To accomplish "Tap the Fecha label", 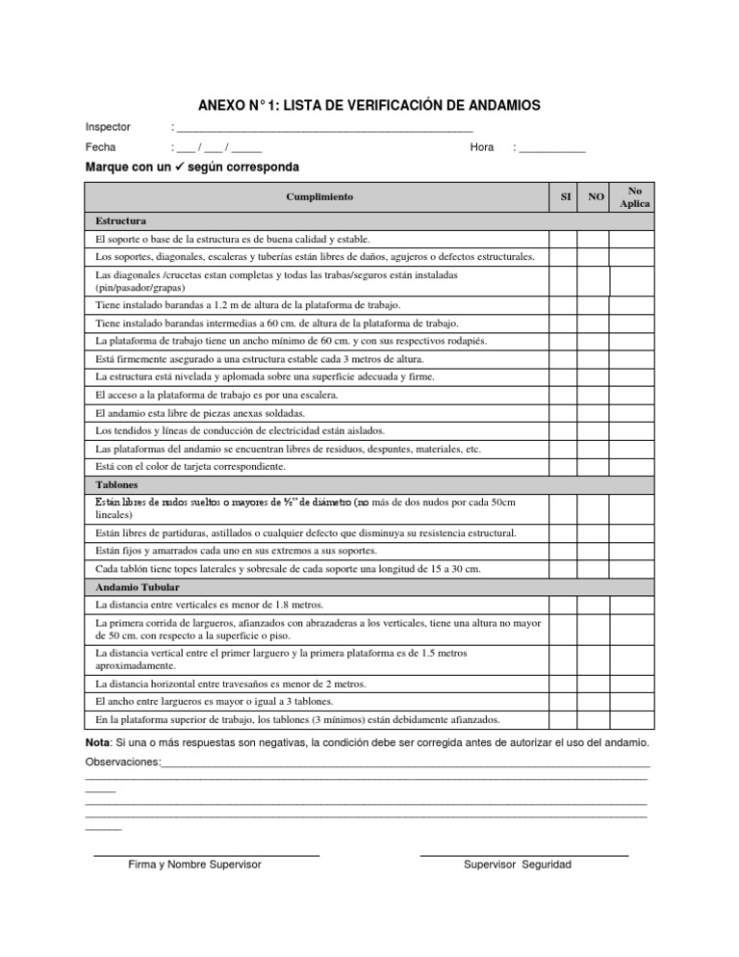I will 100,147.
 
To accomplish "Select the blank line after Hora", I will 551,148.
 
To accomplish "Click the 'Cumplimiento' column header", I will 319,196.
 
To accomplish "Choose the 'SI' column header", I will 565,196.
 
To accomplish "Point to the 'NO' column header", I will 596,196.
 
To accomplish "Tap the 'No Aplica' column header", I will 634,196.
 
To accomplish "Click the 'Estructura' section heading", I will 119,220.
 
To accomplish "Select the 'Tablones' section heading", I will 117,484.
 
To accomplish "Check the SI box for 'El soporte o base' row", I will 565,239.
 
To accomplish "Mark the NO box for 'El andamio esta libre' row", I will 596,413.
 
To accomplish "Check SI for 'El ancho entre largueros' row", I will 565,702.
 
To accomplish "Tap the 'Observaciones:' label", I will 124,762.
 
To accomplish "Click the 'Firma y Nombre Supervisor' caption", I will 194,865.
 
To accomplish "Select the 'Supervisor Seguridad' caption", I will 517,865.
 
